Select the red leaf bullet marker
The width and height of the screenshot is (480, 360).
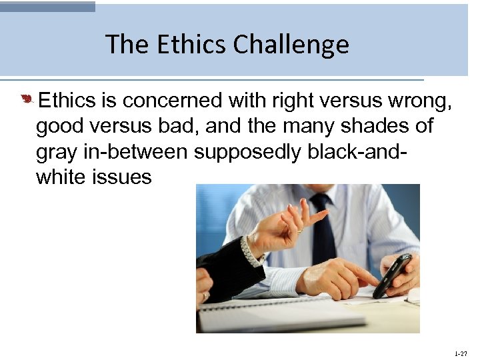point(26,100)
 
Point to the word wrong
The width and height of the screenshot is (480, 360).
point(417,101)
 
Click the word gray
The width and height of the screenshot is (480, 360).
point(55,152)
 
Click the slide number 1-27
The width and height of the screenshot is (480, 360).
point(460,353)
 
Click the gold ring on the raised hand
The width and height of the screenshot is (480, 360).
point(300,230)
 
